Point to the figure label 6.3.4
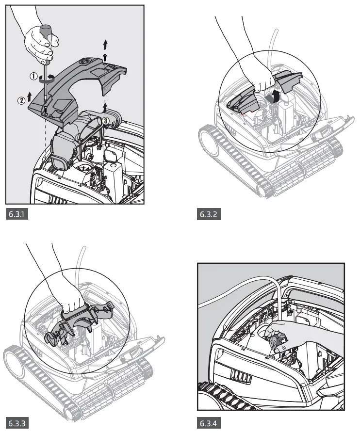(209, 422)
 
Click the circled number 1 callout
(33, 76)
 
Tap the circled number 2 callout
(21, 100)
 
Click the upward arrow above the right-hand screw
(105, 45)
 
